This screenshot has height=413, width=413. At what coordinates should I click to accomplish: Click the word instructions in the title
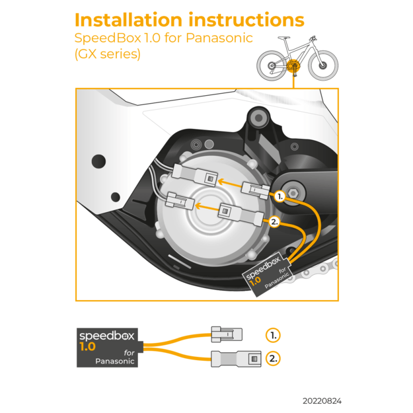click(248, 20)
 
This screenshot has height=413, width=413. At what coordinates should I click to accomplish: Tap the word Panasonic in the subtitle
click(219, 38)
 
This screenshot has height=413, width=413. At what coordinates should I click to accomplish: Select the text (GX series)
click(108, 55)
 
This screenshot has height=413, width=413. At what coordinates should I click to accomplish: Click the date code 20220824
click(322, 400)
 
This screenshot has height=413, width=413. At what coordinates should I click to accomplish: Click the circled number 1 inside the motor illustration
click(280, 196)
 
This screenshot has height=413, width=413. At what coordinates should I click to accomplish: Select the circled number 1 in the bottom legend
click(273, 335)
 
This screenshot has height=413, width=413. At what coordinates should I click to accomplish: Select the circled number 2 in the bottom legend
click(273, 359)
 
